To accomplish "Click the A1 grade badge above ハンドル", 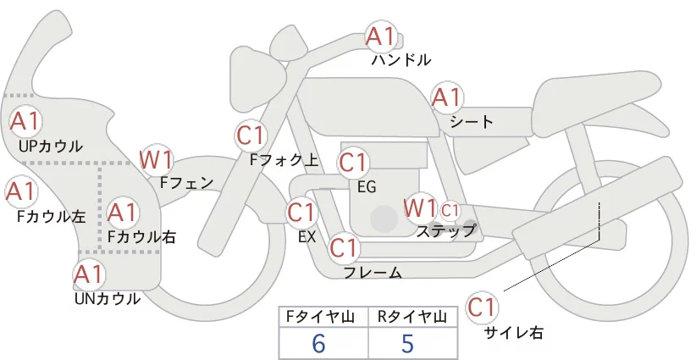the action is point(381,36).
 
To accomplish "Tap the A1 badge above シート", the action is point(447,97).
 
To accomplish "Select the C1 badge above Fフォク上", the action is point(251,136).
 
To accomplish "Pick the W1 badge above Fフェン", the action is point(156,159).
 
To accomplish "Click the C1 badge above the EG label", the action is point(353,163).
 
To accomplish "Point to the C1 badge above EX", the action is point(301,213).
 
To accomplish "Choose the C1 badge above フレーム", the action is point(344,247).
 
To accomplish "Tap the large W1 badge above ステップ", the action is point(420,208).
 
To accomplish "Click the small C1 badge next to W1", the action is point(450,210).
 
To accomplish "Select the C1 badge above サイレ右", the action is point(482,307).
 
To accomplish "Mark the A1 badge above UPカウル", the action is point(25,121).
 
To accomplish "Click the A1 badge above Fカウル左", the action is point(21,191).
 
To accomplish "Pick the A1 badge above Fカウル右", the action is point(122,213).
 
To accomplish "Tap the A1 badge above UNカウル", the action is point(89,274).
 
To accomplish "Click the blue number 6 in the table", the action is point(318,344).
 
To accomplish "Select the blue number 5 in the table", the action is point(407,344).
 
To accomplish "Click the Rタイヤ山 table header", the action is point(412,317).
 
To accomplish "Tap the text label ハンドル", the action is point(401,60).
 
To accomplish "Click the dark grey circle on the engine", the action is point(384,219).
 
